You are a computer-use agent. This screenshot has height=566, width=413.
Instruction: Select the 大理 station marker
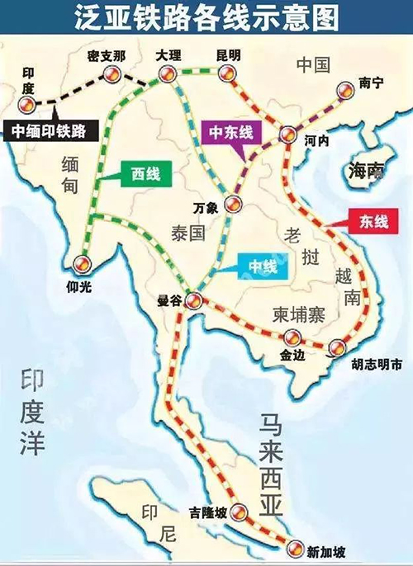click(x=166, y=75)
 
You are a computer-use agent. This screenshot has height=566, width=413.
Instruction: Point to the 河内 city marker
click(x=287, y=134)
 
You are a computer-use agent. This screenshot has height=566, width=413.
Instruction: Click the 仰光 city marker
click(x=81, y=264)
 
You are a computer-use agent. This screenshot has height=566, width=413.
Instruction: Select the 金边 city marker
click(x=291, y=338)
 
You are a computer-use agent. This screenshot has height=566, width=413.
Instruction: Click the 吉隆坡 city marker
click(x=238, y=513)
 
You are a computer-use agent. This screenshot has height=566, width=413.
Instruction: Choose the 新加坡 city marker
click(x=296, y=545)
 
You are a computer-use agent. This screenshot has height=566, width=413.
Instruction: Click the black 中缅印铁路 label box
click(x=51, y=130)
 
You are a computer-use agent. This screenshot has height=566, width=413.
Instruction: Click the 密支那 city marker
click(x=111, y=78)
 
